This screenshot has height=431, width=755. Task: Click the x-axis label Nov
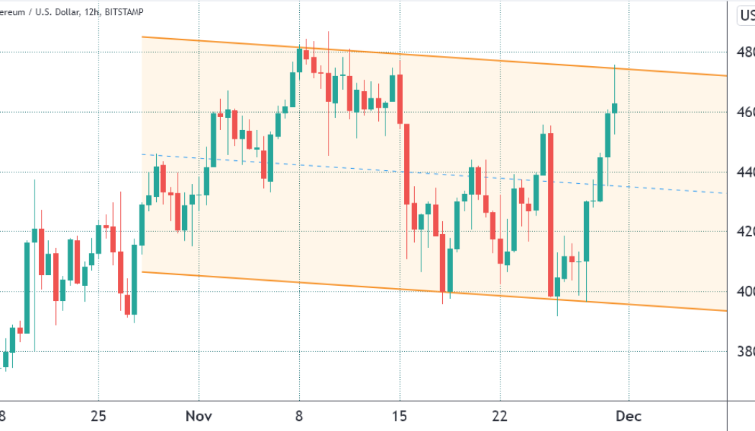coord(198,416)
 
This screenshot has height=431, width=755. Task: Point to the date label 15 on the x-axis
coord(400,416)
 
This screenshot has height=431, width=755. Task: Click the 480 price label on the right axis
coord(746,52)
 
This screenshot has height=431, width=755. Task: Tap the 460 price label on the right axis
coord(746,112)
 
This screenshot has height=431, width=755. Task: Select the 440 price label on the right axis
coord(746,172)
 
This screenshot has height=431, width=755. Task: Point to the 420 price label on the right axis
coord(746,232)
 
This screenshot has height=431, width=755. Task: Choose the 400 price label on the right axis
coord(746,292)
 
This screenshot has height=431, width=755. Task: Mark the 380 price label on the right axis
coord(746,351)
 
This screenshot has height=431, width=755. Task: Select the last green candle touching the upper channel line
coord(615,108)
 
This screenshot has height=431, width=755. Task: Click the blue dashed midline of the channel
coord(431,174)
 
